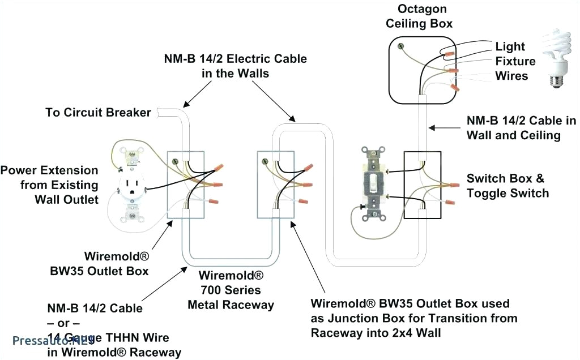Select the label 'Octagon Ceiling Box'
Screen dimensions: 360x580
coord(421,16)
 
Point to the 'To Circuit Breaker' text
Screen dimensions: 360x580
coord(98,112)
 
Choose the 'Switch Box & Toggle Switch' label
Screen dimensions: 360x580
coord(507,186)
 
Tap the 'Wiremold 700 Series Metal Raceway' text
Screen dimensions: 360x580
coord(231,290)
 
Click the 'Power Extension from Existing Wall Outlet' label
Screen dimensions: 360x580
coord(50,185)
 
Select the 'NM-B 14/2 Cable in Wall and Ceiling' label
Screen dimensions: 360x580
coord(521,128)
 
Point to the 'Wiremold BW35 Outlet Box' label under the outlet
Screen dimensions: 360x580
coord(116,263)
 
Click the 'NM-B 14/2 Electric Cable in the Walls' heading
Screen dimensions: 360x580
coord(235,66)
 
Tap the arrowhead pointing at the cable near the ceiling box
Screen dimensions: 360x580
coord(431,127)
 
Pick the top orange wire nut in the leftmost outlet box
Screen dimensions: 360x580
coord(217,169)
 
